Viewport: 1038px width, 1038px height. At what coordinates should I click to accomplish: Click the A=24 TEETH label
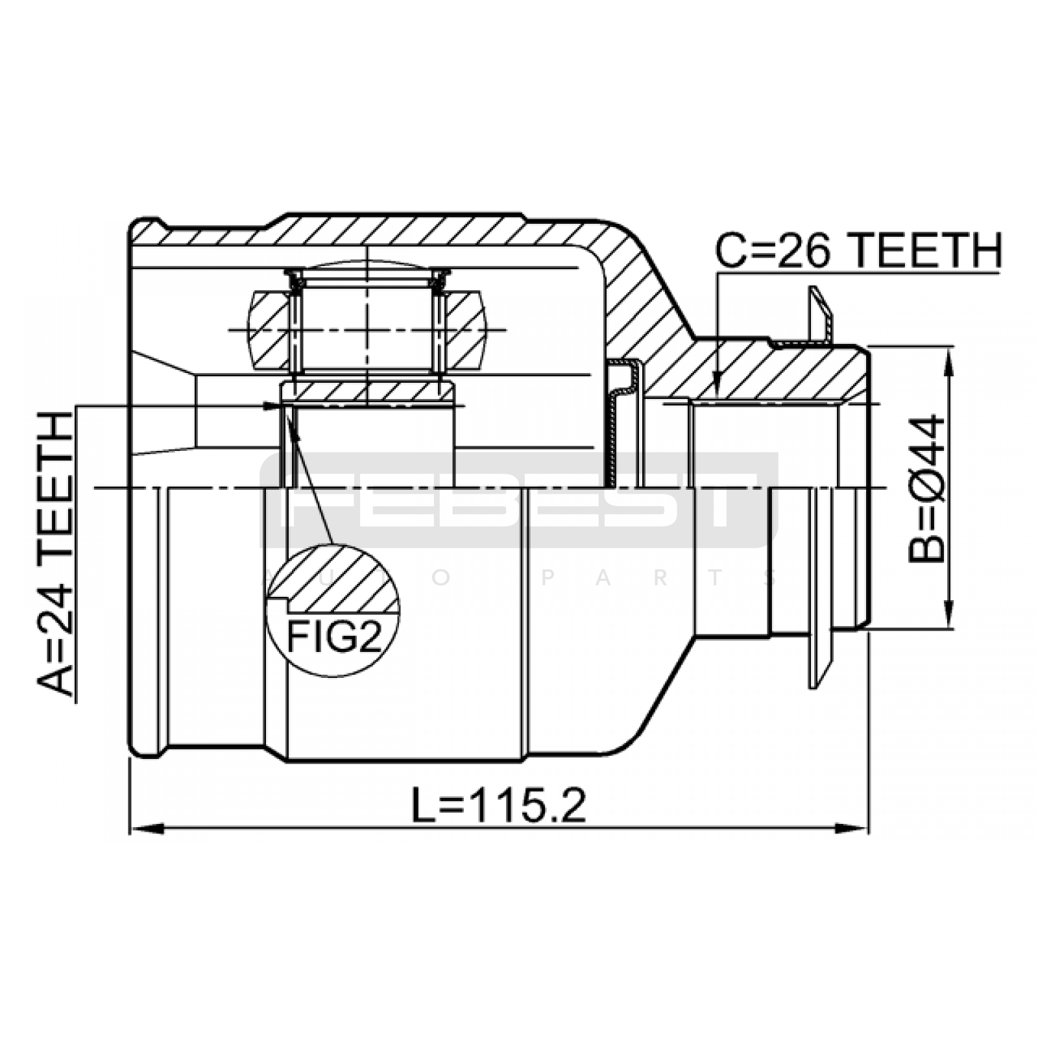click(55, 554)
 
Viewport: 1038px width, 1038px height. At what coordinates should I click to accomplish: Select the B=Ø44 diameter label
click(927, 488)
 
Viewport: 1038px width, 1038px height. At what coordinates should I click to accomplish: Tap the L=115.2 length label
click(499, 805)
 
